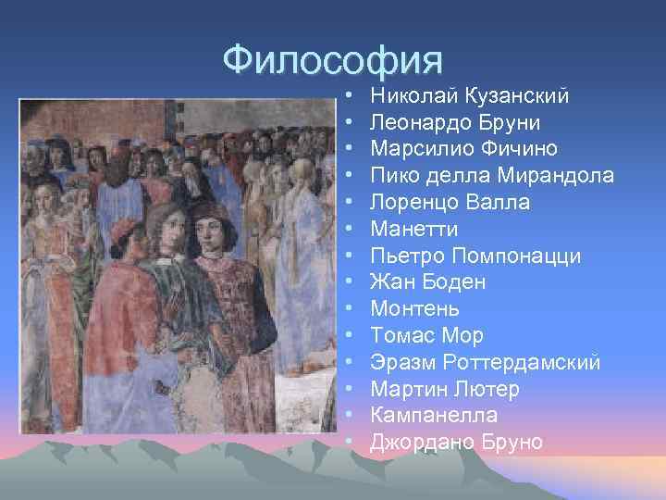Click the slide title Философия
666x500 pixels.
pyautogui.click(x=333, y=60)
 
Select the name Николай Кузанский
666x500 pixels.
pyautogui.click(x=469, y=94)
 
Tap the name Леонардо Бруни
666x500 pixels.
pyautogui.click(x=455, y=121)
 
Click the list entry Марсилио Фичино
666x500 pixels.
pyautogui.click(x=463, y=148)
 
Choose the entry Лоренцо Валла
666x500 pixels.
pyautogui.click(x=450, y=202)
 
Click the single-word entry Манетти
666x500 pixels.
pyautogui.click(x=414, y=229)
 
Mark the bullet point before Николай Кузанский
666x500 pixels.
pyautogui.click(x=349, y=95)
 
